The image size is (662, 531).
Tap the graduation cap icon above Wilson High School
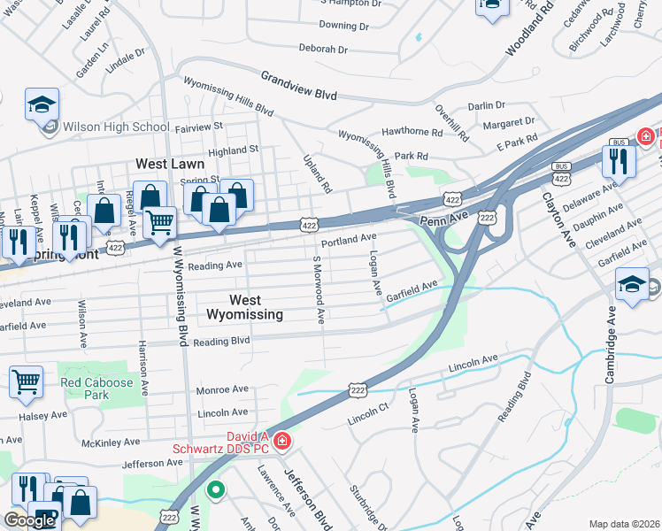[x=42, y=105]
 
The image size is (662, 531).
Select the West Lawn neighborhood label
[x=170, y=164]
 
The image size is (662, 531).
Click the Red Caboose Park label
[x=96, y=389]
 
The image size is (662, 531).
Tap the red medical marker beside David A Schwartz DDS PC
[x=281, y=440]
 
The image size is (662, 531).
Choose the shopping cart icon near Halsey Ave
[x=26, y=382]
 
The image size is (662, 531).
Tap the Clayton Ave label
[x=558, y=216]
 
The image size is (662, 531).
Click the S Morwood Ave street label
[x=318, y=289]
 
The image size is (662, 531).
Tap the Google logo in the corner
[x=30, y=519]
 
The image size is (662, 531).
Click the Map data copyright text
[x=624, y=524]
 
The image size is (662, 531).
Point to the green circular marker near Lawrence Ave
[x=214, y=488]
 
